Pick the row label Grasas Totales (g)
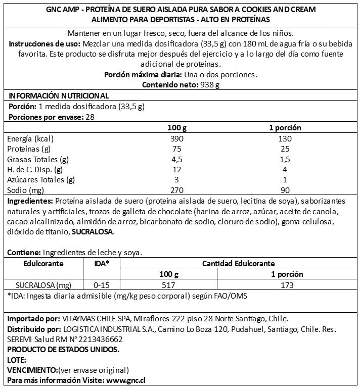(x=38, y=159)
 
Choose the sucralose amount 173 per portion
(x=286, y=285)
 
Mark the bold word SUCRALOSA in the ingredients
(x=93, y=232)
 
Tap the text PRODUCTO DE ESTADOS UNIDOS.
(x=64, y=349)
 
